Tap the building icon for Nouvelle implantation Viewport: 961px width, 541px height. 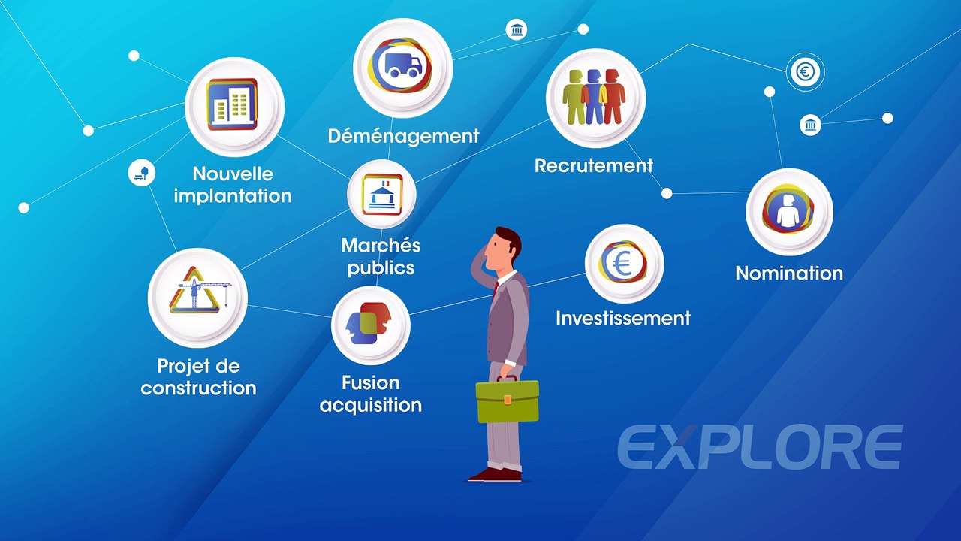pyautogui.click(x=233, y=105)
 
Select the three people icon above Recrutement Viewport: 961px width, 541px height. pyautogui.click(x=595, y=97)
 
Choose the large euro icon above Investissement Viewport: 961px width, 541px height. pyautogui.click(x=623, y=263)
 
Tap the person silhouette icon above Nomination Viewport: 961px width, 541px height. pyautogui.click(x=788, y=211)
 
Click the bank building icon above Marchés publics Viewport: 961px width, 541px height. pyautogui.click(x=381, y=195)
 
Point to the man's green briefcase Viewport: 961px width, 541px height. pyautogui.click(x=508, y=400)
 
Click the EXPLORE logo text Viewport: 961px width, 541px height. pyautogui.click(x=760, y=448)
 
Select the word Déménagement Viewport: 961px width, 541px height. pyautogui.click(x=403, y=136)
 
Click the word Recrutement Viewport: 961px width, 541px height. pyautogui.click(x=593, y=165)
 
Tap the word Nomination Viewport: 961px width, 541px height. pyautogui.click(x=789, y=273)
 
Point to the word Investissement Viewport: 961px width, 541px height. pyautogui.click(x=623, y=318)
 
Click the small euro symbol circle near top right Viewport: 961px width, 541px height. pyautogui.click(x=806, y=72)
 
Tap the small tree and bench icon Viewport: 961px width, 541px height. pyautogui.click(x=141, y=173)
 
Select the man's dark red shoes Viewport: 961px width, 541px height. pyautogui.click(x=495, y=474)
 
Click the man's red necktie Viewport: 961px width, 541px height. pyautogui.click(x=495, y=290)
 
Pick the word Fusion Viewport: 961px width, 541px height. pyautogui.click(x=371, y=383)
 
